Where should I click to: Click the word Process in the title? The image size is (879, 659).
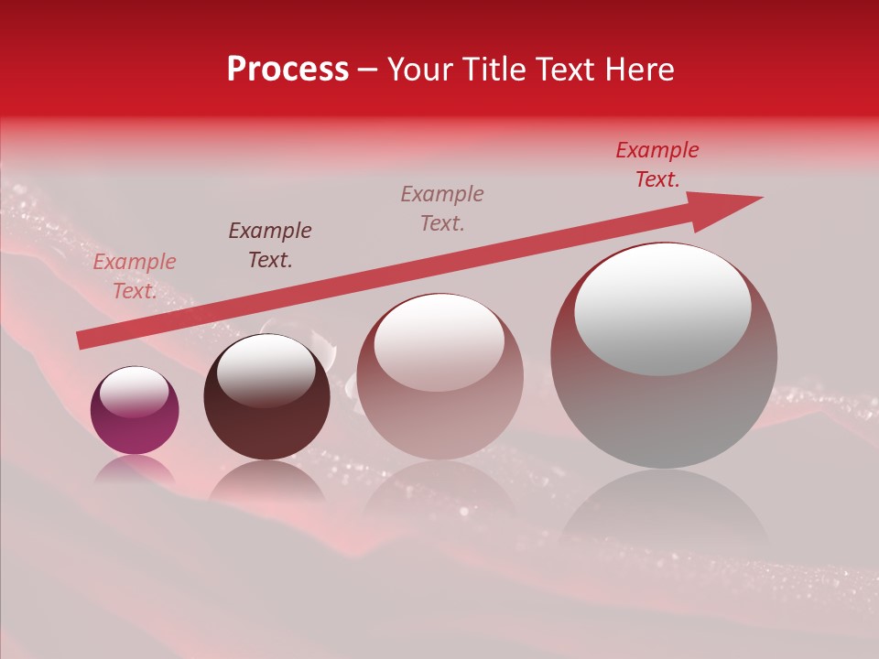click(288, 70)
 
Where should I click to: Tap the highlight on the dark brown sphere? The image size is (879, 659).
click(266, 369)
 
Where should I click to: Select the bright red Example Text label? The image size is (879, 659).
click(657, 165)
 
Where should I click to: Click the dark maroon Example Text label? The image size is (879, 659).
click(270, 245)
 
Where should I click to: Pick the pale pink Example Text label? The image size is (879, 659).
click(135, 276)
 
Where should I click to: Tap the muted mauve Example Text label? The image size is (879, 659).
click(442, 209)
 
